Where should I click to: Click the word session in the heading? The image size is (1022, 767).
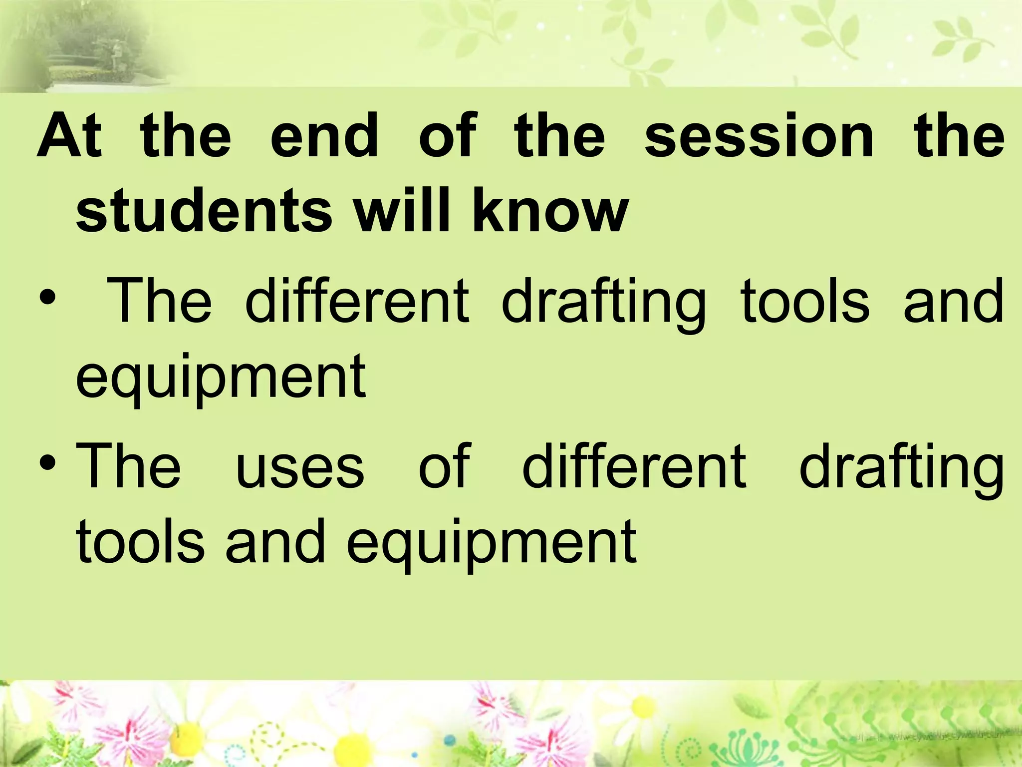click(759, 136)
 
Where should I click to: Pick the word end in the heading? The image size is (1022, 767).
click(324, 136)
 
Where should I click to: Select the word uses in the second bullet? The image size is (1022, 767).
click(300, 467)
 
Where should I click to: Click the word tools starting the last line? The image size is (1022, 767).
click(140, 542)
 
